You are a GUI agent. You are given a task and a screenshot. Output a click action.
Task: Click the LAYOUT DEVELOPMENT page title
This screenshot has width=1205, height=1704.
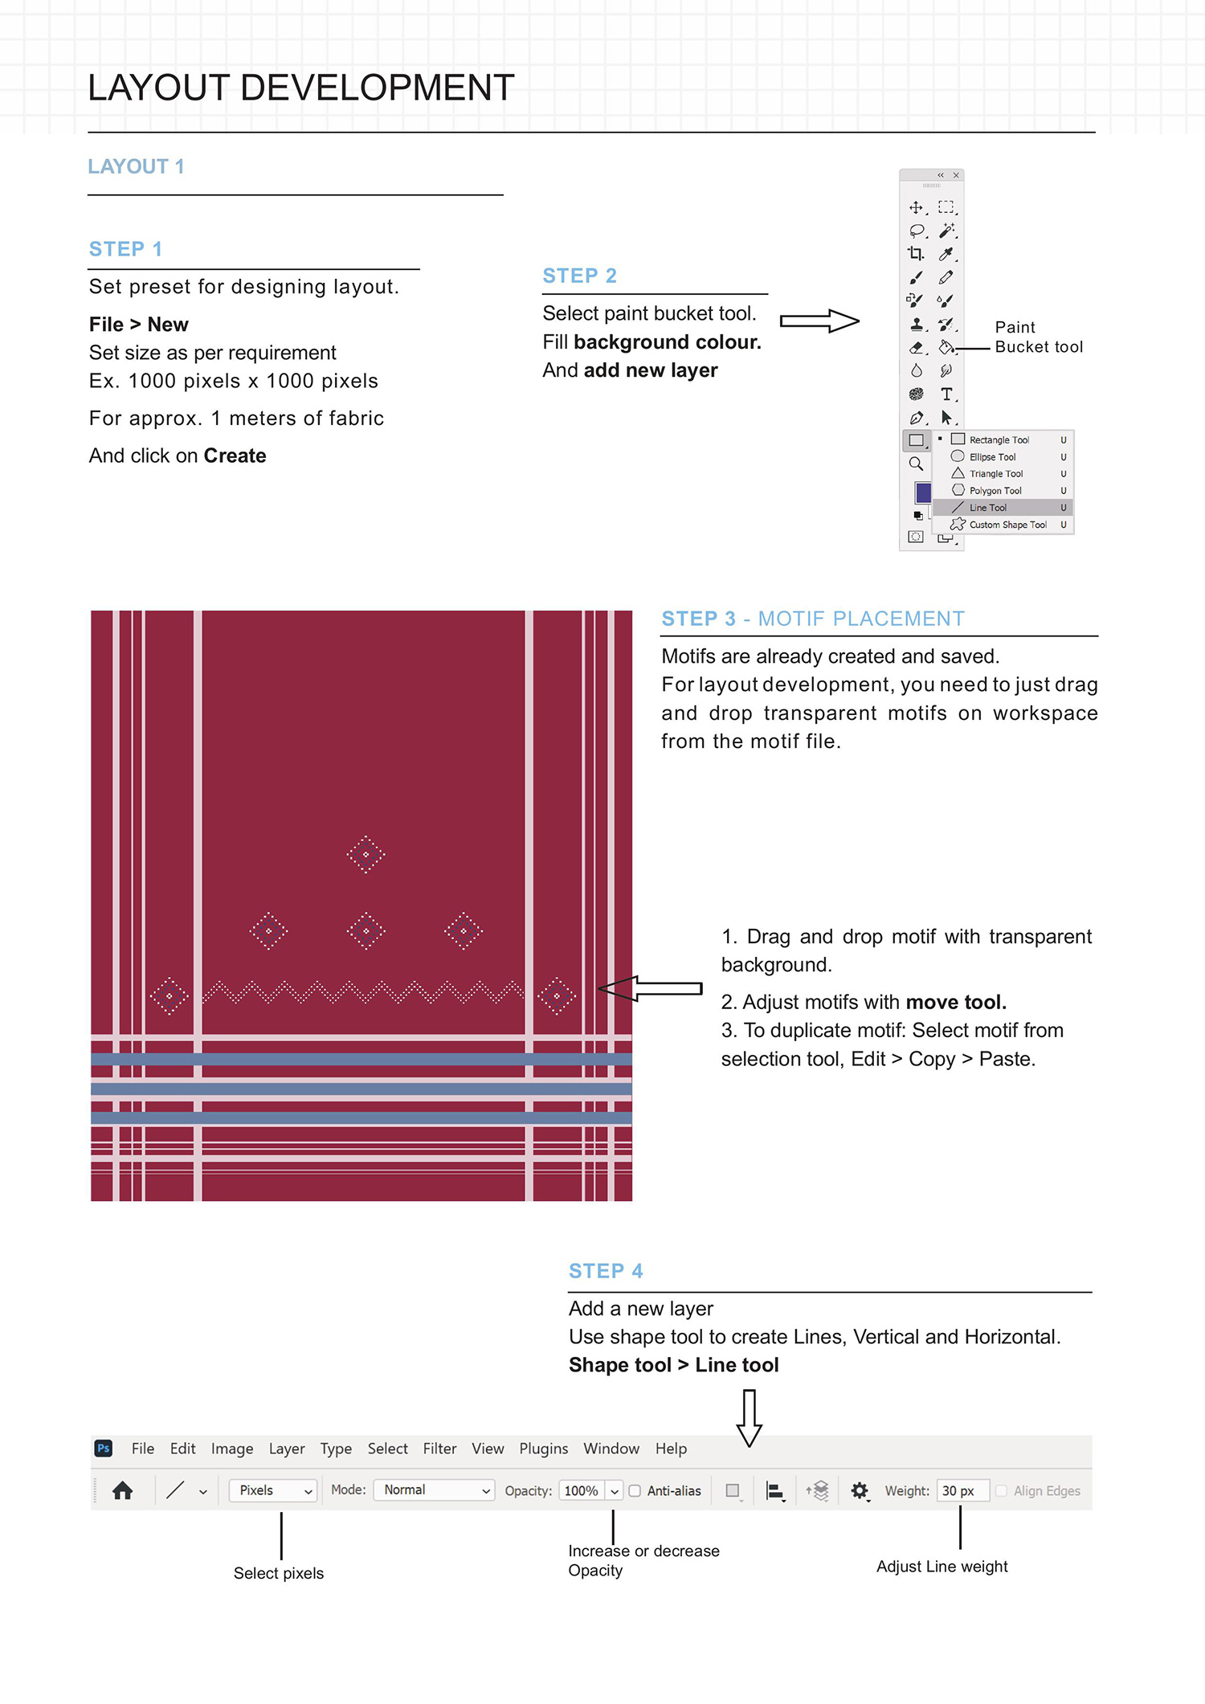tap(300, 88)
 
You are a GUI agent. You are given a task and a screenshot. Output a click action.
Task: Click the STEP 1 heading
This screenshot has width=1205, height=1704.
tap(125, 249)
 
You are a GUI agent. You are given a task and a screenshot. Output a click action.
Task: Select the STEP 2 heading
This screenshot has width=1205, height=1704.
tap(579, 276)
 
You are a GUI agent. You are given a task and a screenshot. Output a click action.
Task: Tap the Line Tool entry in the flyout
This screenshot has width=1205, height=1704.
tap(987, 508)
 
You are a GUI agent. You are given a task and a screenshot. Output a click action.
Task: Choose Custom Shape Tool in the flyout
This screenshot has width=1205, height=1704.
tap(1007, 525)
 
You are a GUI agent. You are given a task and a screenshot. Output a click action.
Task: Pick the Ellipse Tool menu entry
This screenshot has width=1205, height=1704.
tap(991, 457)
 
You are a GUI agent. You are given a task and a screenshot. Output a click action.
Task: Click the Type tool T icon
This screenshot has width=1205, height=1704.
tap(946, 394)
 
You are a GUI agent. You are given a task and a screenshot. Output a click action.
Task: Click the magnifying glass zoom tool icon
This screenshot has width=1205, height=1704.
tap(916, 464)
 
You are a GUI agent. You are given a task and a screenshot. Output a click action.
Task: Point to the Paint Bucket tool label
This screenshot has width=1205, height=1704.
tap(1038, 337)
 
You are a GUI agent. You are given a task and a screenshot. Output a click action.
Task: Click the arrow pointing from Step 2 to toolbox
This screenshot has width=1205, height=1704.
tap(819, 321)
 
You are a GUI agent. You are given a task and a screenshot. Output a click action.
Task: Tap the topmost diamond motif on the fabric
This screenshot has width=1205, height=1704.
tap(366, 854)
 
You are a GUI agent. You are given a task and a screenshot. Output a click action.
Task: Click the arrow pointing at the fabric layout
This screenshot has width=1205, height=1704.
tap(651, 988)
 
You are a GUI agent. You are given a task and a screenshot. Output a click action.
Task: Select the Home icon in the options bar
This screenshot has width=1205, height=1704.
tap(123, 1491)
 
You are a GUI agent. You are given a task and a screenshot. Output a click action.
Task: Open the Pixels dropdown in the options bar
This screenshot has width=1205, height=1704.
tap(274, 1490)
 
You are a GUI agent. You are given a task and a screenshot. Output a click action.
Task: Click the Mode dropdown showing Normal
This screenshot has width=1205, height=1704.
tap(435, 1490)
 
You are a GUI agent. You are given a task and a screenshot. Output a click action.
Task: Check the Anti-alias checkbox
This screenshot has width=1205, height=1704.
tap(635, 1491)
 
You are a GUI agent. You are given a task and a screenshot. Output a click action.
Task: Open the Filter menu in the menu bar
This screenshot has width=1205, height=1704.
tap(439, 1449)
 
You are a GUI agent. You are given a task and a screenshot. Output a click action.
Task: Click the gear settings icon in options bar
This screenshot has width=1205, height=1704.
tap(860, 1491)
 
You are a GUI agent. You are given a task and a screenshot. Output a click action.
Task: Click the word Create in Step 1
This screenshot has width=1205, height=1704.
tap(235, 456)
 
